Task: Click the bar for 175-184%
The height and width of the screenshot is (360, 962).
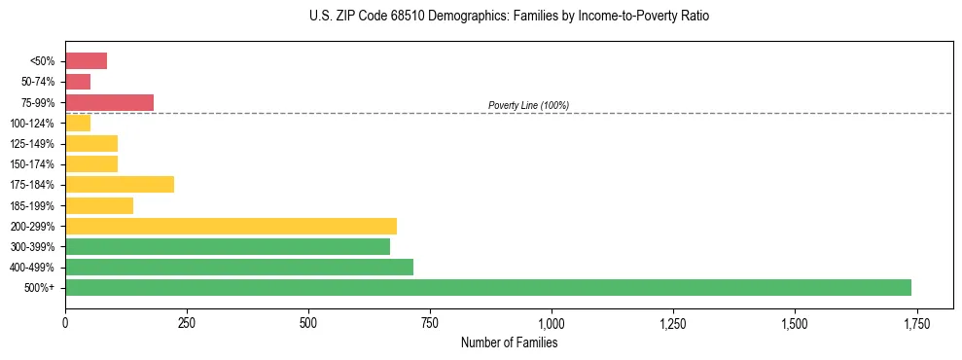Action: coord(120,184)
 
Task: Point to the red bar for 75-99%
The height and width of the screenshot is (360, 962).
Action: coord(109,102)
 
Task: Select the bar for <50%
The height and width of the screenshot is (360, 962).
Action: coord(86,61)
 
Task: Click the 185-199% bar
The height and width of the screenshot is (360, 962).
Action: coord(99,205)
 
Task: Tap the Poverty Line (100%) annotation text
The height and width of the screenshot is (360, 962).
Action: coord(528,105)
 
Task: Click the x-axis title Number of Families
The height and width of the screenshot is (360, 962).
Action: coord(509,342)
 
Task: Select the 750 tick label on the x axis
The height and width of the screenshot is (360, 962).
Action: coord(430,323)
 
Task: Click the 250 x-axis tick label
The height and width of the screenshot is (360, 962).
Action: coord(187,323)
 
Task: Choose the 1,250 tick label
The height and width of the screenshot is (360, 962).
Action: coord(673,323)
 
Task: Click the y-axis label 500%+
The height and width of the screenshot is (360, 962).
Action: coord(39,288)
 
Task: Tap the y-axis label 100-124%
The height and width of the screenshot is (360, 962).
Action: coord(32,124)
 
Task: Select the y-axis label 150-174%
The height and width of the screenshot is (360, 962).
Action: coord(32,164)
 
